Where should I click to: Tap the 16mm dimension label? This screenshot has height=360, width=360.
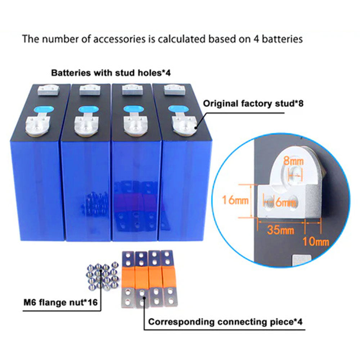[x=235, y=200]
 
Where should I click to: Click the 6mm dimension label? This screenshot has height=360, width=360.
[x=284, y=202]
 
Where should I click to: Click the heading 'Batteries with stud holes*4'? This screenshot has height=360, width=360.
[x=111, y=73]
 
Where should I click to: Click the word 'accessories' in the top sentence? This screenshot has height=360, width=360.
[x=117, y=39]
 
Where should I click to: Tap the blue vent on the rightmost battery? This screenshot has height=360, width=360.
[x=175, y=108]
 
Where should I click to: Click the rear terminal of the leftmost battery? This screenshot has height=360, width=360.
[x=48, y=89]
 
